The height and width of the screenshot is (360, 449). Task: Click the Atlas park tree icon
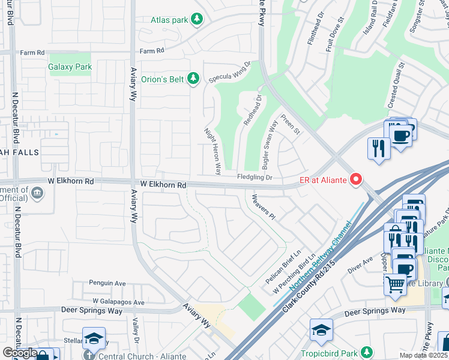pos(196,20)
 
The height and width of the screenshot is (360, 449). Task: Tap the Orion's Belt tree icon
pos(193,78)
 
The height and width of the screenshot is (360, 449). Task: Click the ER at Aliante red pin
pos(356,179)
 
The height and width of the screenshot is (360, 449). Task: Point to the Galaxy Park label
pos(70,67)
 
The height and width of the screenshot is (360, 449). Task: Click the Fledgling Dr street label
pos(255,178)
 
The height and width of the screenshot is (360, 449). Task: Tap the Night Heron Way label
pos(212,151)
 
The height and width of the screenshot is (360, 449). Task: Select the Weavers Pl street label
pos(263,206)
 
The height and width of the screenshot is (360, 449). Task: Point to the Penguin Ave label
pos(107,283)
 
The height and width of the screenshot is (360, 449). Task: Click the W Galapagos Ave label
pos(118,302)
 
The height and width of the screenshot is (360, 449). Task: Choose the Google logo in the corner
pos(19,353)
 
